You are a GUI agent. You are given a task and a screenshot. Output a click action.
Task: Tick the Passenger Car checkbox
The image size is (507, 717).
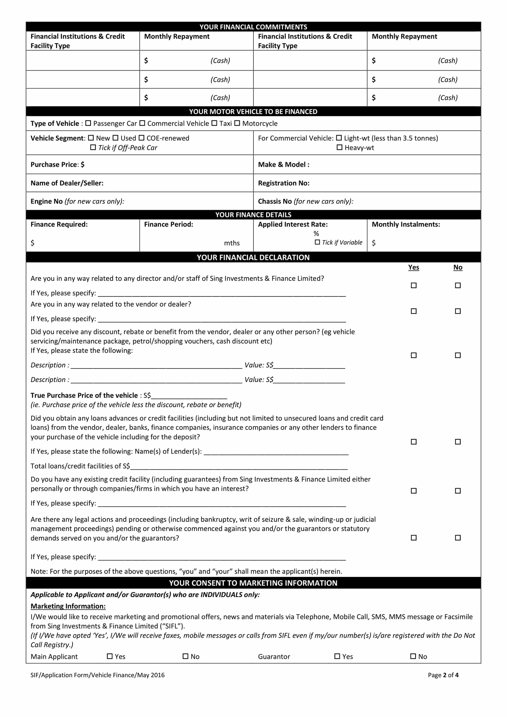(88, 123)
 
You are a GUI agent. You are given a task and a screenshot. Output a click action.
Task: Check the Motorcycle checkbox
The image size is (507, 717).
(237, 123)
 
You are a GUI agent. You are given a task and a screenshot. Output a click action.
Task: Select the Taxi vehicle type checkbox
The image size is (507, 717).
(214, 123)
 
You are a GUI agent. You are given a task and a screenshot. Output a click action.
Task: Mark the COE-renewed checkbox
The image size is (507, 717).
(141, 138)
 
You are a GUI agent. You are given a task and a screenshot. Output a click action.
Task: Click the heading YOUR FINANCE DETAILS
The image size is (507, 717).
(253, 215)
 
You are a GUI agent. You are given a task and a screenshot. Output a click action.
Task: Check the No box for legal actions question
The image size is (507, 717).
(458, 538)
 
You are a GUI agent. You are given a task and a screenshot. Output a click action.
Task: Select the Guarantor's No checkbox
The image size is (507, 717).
(413, 656)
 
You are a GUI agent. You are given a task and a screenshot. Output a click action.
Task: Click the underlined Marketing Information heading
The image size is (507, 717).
(68, 606)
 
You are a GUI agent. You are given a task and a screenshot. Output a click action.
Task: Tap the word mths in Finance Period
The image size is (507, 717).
(232, 243)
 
